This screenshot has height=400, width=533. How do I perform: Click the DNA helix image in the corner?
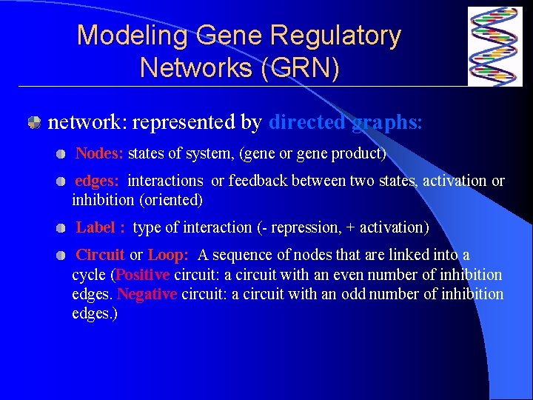click(x=495, y=46)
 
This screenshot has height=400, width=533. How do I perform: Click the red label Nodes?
click(x=100, y=154)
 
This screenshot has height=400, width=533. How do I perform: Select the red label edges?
click(x=98, y=181)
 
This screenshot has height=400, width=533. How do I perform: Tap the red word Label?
click(x=95, y=227)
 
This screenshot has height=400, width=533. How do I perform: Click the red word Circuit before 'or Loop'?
click(x=101, y=256)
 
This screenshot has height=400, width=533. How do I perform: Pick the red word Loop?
click(x=169, y=256)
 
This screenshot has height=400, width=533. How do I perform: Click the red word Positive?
click(x=143, y=275)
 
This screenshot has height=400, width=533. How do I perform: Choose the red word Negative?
click(x=147, y=294)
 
